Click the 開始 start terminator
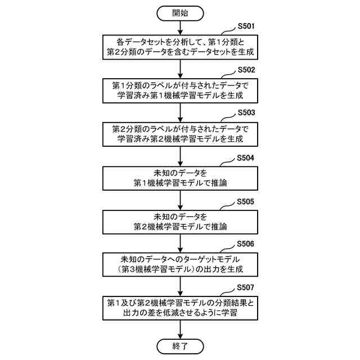coord(180,13)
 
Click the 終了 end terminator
coord(180,345)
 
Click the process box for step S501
coord(180,47)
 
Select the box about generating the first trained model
coord(180,91)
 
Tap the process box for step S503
coord(180,134)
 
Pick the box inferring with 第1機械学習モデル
coord(180,178)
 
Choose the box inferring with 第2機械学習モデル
coord(180,221)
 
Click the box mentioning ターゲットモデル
coord(180,264)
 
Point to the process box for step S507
coord(180,308)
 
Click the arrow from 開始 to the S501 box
coord(180,27)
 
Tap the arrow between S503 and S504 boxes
coord(180,156)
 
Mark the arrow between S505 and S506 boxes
coord(180,242)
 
